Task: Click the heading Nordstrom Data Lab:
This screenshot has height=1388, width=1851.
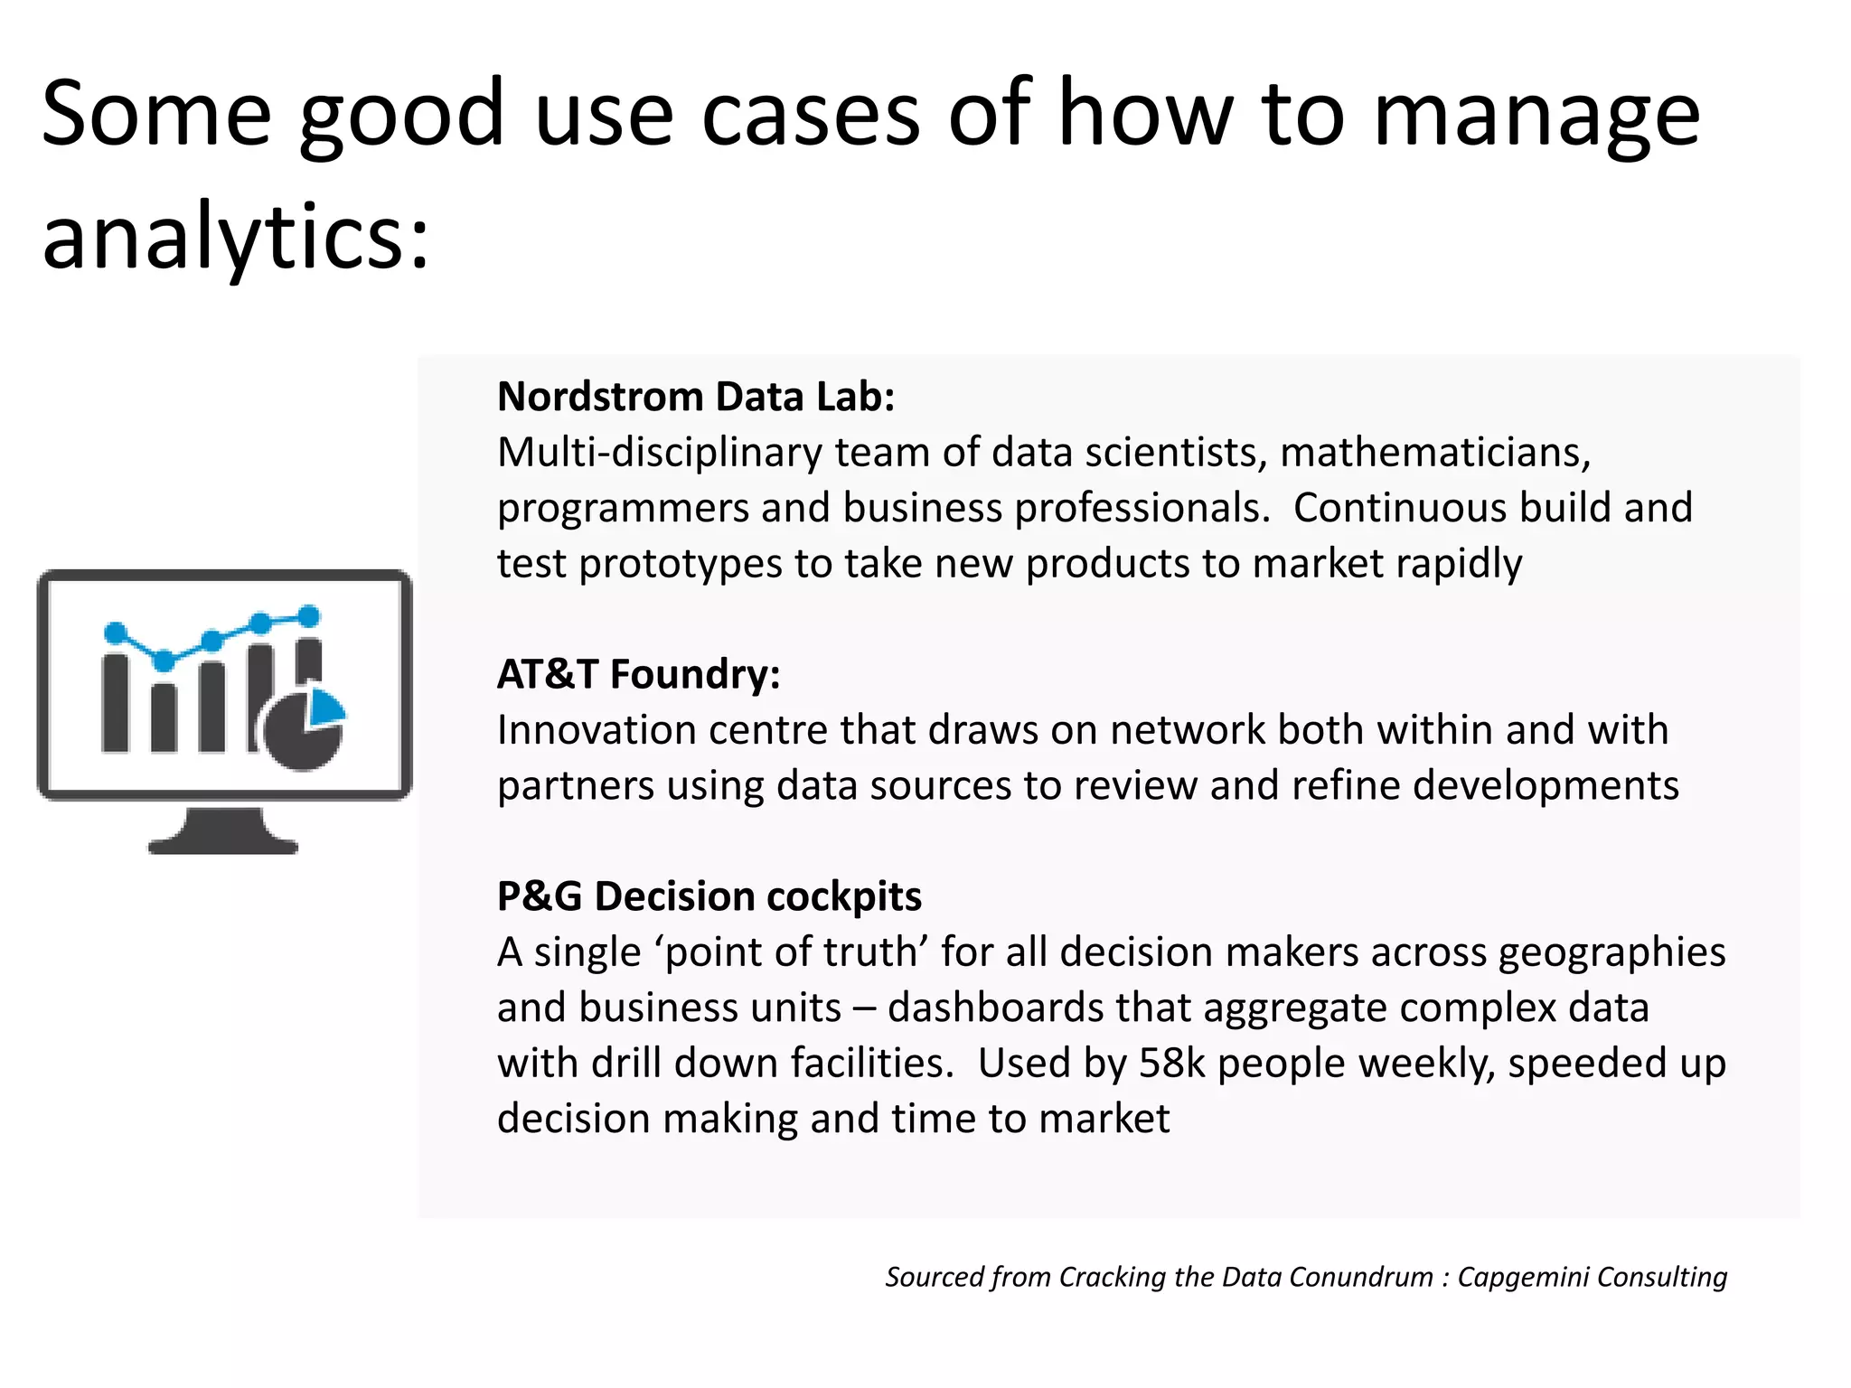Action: [695, 398]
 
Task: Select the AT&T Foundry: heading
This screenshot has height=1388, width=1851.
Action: [638, 675]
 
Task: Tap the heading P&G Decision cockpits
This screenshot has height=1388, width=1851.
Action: [709, 897]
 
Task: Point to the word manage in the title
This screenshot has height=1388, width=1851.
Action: [1536, 115]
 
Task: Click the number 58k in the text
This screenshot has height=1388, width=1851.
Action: [1171, 1064]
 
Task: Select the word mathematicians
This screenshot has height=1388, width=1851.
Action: [1434, 453]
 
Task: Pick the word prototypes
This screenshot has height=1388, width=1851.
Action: [680, 564]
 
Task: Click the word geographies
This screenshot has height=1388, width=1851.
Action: [1611, 953]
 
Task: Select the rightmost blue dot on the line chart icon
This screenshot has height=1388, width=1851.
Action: [309, 616]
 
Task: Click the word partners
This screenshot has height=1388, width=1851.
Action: [575, 786]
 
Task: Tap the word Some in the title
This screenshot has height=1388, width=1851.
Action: [155, 115]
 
